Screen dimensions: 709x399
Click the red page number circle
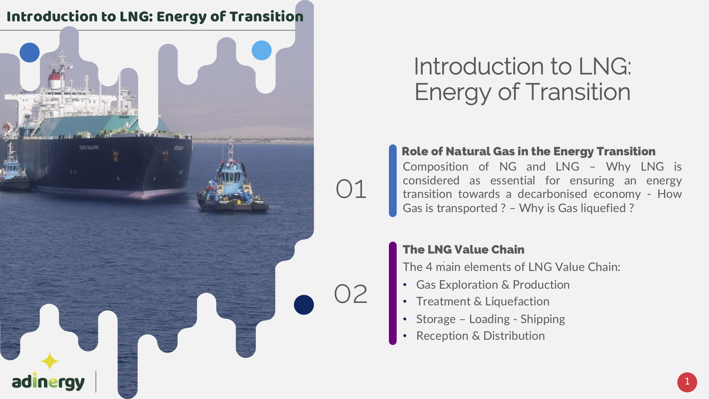click(687, 382)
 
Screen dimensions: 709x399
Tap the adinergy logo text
click(48, 382)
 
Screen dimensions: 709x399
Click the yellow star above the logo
click(50, 361)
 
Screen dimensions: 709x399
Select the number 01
click(351, 189)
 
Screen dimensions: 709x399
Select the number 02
click(351, 294)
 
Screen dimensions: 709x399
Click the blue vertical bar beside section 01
click(392, 181)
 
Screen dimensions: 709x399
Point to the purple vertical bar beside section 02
click(392, 293)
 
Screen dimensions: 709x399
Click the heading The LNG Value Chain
click(463, 249)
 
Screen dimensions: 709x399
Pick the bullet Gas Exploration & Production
click(493, 284)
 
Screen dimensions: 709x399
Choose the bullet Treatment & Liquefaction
click(483, 301)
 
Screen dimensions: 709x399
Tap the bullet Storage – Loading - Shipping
click(491, 319)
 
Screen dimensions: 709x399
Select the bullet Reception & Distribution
click(480, 336)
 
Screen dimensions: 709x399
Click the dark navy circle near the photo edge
click(304, 305)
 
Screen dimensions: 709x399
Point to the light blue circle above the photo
click(262, 50)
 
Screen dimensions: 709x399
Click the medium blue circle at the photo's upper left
click(29, 52)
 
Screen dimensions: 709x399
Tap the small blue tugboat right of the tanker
click(232, 181)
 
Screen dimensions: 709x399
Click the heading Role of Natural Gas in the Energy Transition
click(529, 151)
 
